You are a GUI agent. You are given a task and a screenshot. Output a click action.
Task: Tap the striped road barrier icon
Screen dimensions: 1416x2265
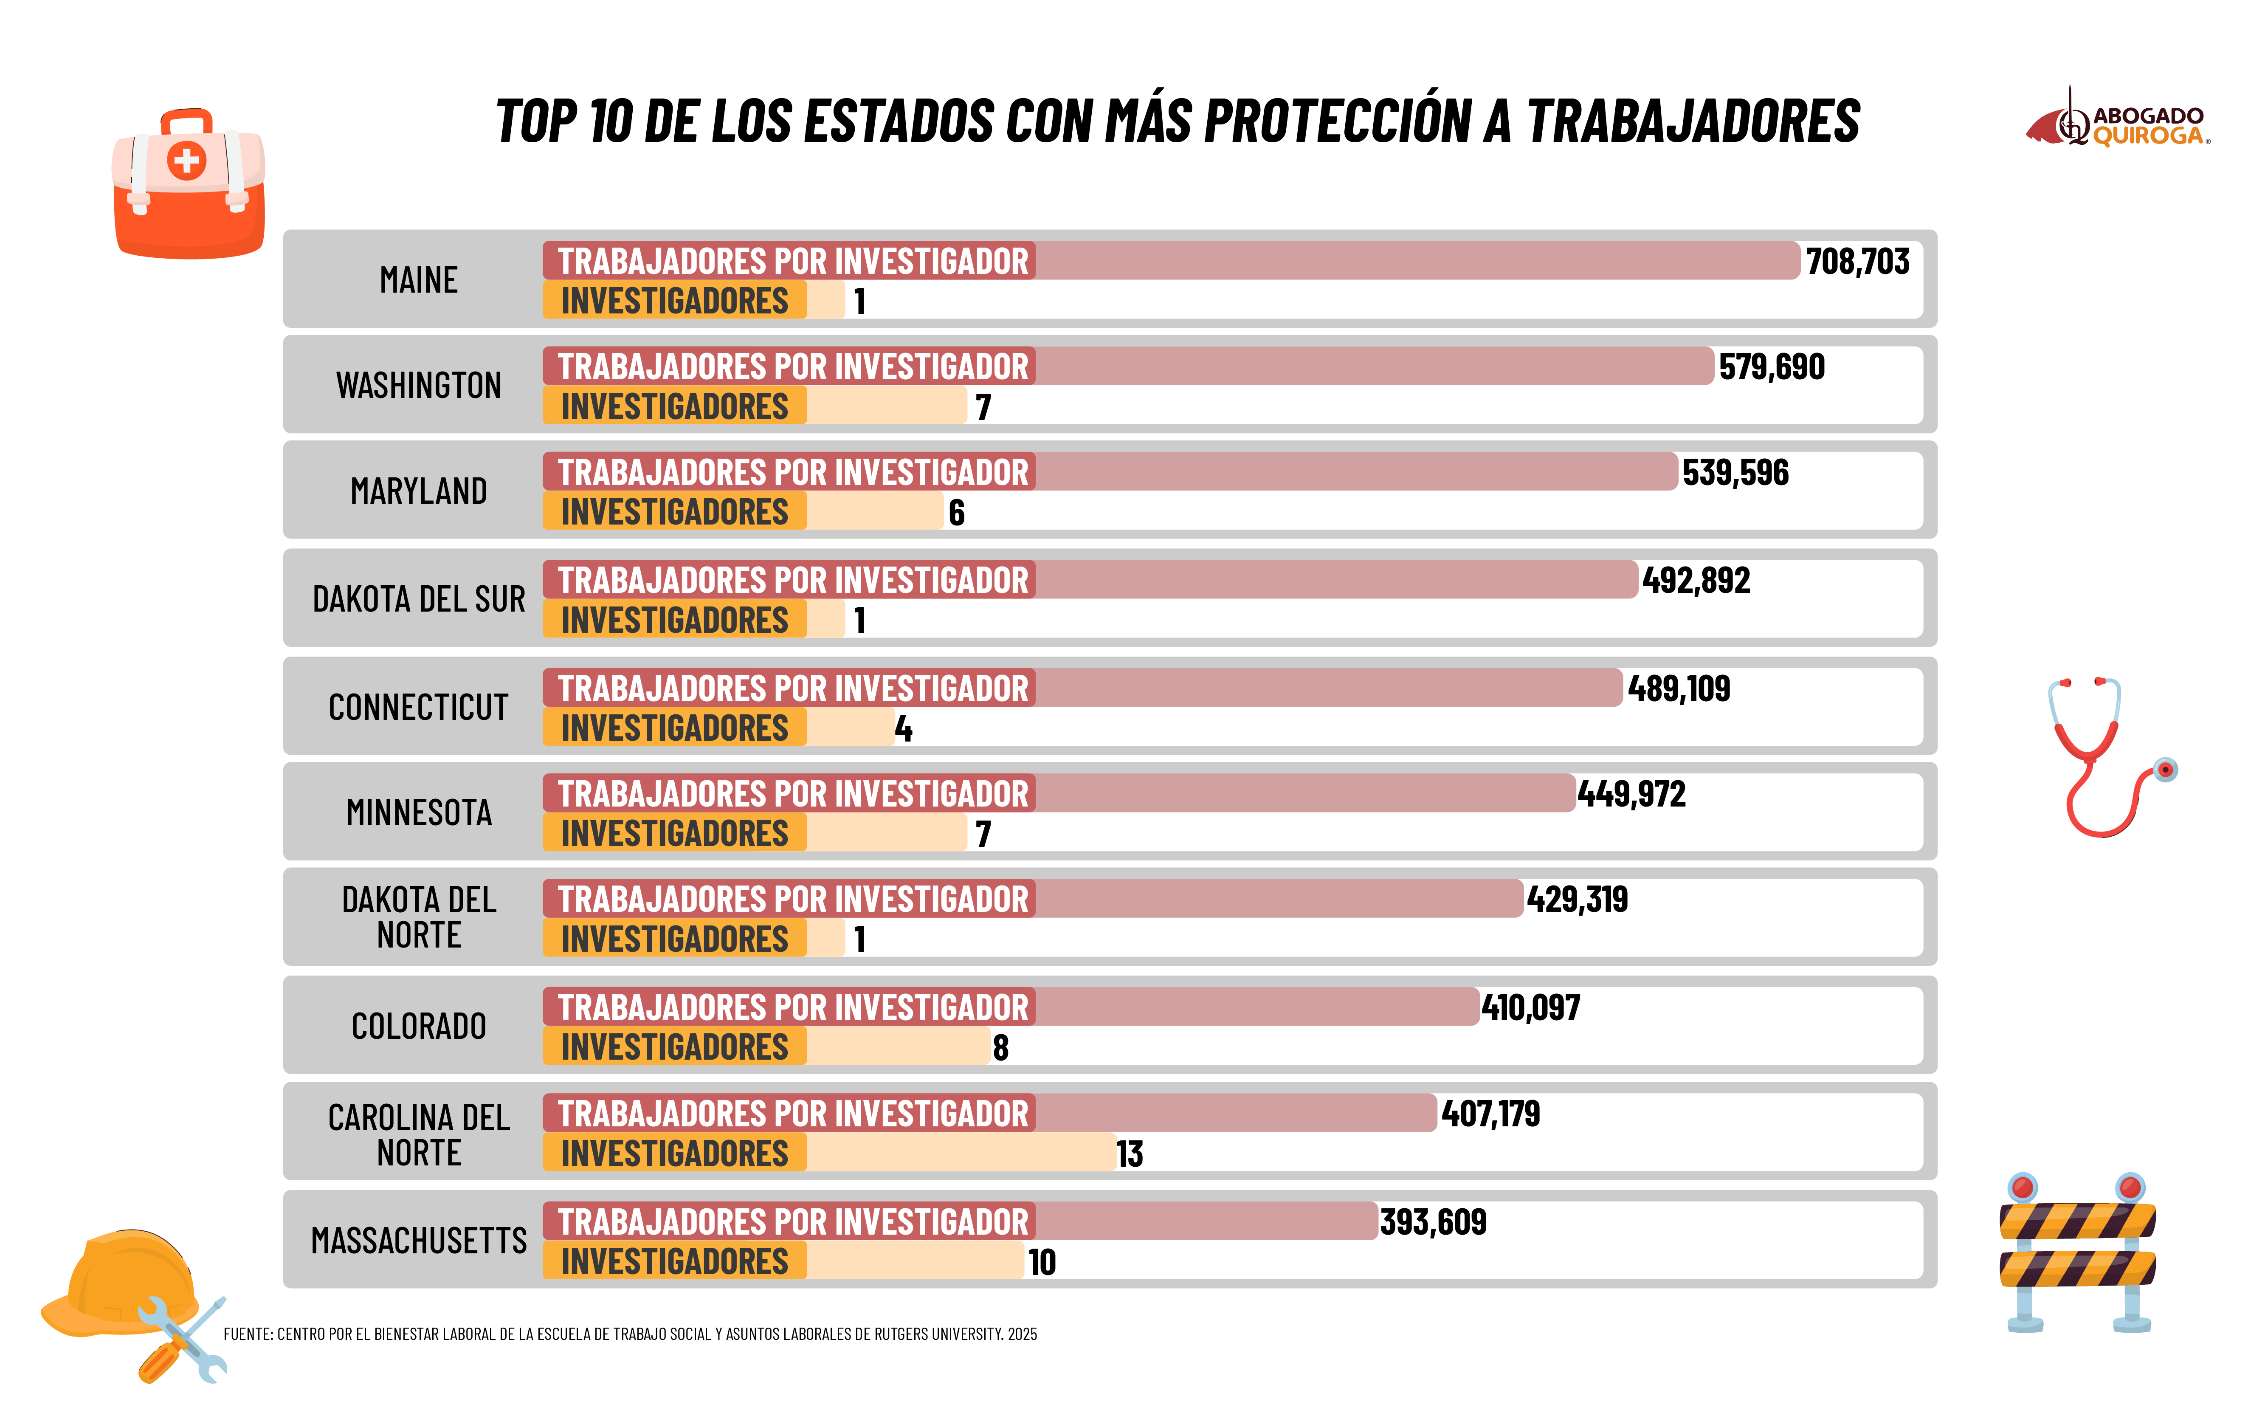[2077, 1250]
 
